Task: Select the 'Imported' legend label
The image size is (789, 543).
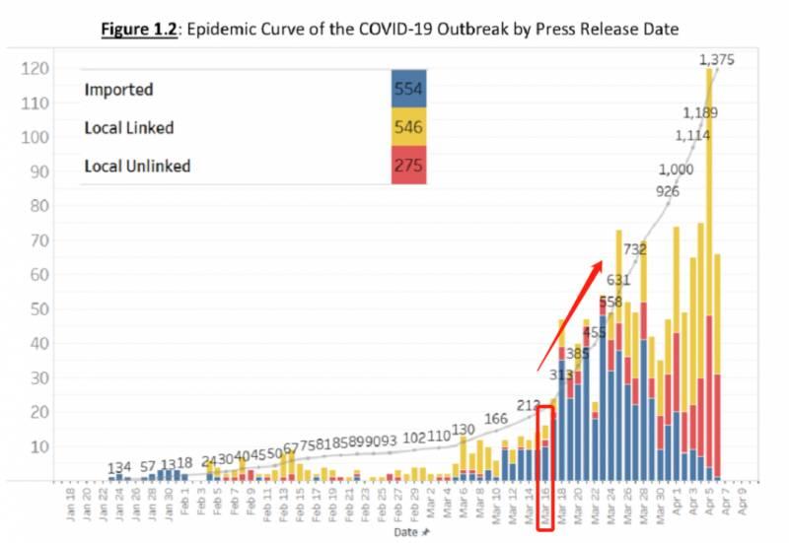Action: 118,89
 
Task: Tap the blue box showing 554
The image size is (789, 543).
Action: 409,89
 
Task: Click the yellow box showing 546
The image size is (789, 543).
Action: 409,127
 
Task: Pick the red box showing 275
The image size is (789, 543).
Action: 409,166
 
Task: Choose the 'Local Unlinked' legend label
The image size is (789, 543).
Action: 137,166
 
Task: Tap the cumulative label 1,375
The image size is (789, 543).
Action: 717,61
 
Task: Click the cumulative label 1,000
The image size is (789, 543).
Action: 676,169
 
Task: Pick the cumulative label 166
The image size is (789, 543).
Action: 496,392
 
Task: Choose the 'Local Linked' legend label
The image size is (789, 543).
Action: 130,127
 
